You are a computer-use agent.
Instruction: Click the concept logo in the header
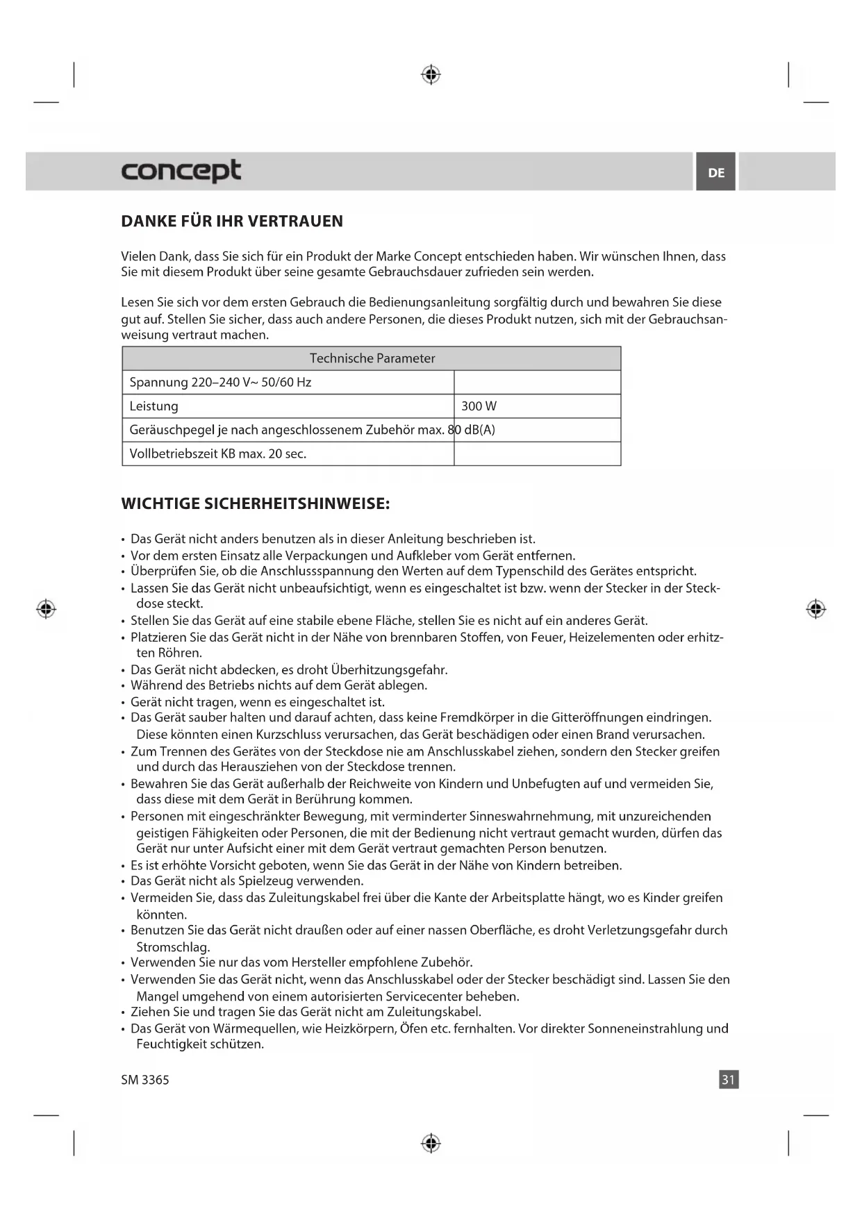click(x=181, y=171)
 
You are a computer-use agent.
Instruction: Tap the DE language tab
click(x=716, y=172)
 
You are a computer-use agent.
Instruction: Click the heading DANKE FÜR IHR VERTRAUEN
click(x=232, y=222)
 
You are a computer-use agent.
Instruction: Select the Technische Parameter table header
click(x=372, y=358)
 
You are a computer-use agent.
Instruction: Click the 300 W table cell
click(x=479, y=406)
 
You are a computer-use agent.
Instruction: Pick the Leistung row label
click(x=154, y=406)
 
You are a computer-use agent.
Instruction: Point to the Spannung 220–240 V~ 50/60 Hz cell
click(x=221, y=383)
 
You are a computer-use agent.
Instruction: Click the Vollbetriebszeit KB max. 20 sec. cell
click(x=218, y=454)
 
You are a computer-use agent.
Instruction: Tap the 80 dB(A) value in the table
click(x=472, y=430)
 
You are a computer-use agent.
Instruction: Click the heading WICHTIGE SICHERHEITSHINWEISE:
click(x=256, y=503)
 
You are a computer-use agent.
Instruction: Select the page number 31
click(x=728, y=1079)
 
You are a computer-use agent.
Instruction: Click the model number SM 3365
click(x=145, y=1080)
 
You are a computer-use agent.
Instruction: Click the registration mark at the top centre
click(x=431, y=74)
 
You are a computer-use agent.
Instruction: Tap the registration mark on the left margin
click(x=46, y=609)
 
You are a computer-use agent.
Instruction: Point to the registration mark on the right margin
click(x=816, y=609)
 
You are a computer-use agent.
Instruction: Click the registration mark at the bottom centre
click(x=431, y=1142)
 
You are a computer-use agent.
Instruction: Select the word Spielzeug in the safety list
click(x=266, y=881)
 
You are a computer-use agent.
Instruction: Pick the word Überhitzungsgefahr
click(x=389, y=670)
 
